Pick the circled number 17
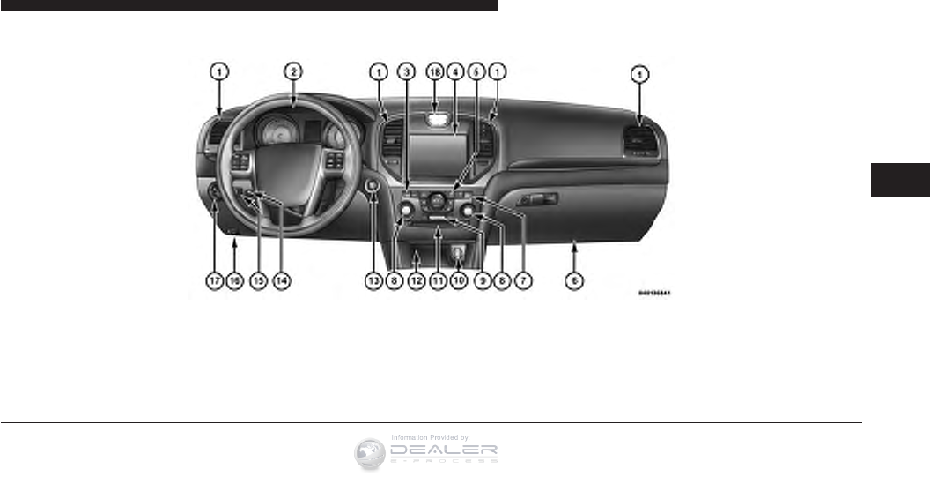pos(213,280)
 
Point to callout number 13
pos(373,280)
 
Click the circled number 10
pos(458,280)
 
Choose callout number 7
pos(524,280)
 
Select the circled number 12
pos(416,280)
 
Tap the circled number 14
pos(280,280)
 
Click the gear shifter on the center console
pos(457,254)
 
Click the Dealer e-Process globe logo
pos(370,452)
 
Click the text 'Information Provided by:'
pos(429,436)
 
